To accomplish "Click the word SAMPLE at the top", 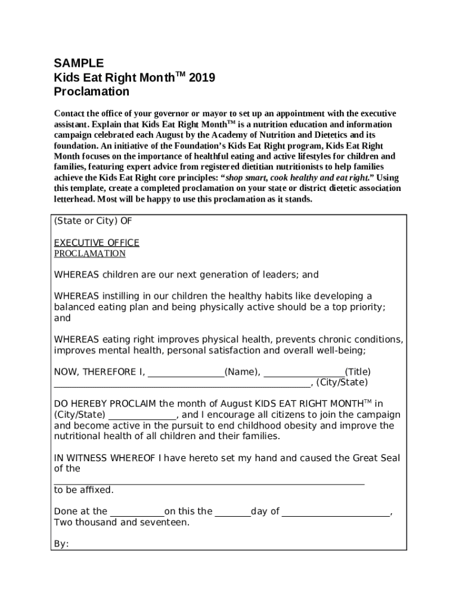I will tap(79, 63).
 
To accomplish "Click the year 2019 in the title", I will tap(201, 78).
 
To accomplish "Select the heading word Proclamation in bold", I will tap(91, 92).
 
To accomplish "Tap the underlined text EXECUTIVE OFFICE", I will tap(97, 243).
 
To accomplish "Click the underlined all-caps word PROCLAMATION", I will tap(90, 254).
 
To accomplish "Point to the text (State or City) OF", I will tap(93, 221).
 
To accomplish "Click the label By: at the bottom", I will tap(61, 544).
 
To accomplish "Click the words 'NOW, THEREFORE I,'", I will tap(99, 372).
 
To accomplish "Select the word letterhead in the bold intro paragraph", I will tap(74, 199).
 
